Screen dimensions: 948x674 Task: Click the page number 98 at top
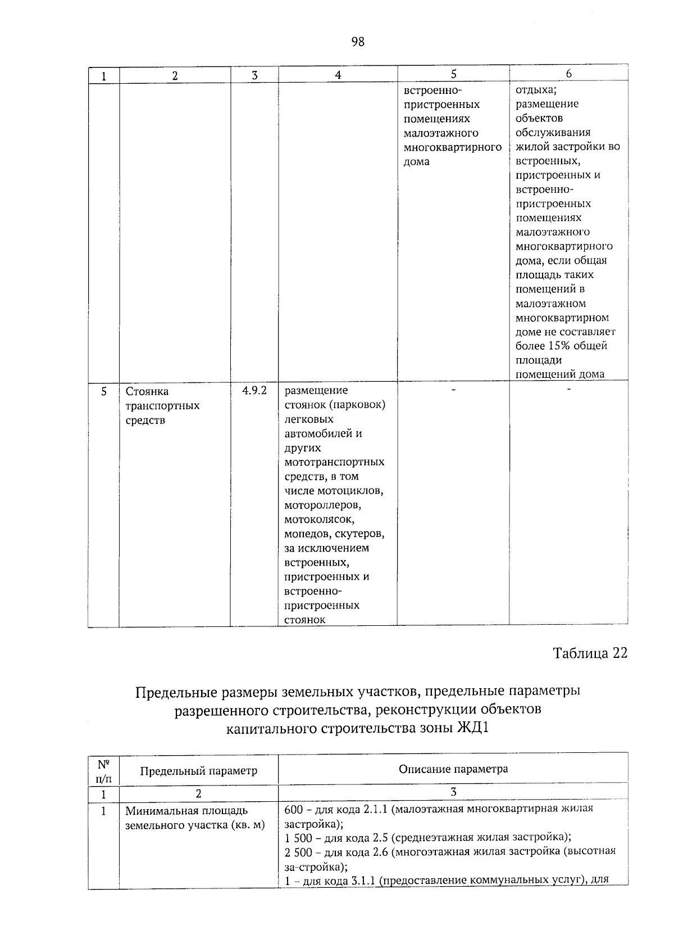tap(358, 42)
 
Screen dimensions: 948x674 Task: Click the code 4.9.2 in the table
tap(254, 390)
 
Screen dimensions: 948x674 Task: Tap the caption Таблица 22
tap(590, 653)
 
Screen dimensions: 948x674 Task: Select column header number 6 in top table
tap(568, 74)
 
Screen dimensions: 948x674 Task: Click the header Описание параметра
tap(453, 769)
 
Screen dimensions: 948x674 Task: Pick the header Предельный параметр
tap(198, 771)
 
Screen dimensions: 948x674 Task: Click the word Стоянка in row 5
tap(147, 391)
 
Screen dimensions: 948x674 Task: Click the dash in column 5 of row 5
tap(453, 389)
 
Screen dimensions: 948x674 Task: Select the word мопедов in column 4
tap(304, 534)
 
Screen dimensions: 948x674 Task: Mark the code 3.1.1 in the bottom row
tap(364, 881)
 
